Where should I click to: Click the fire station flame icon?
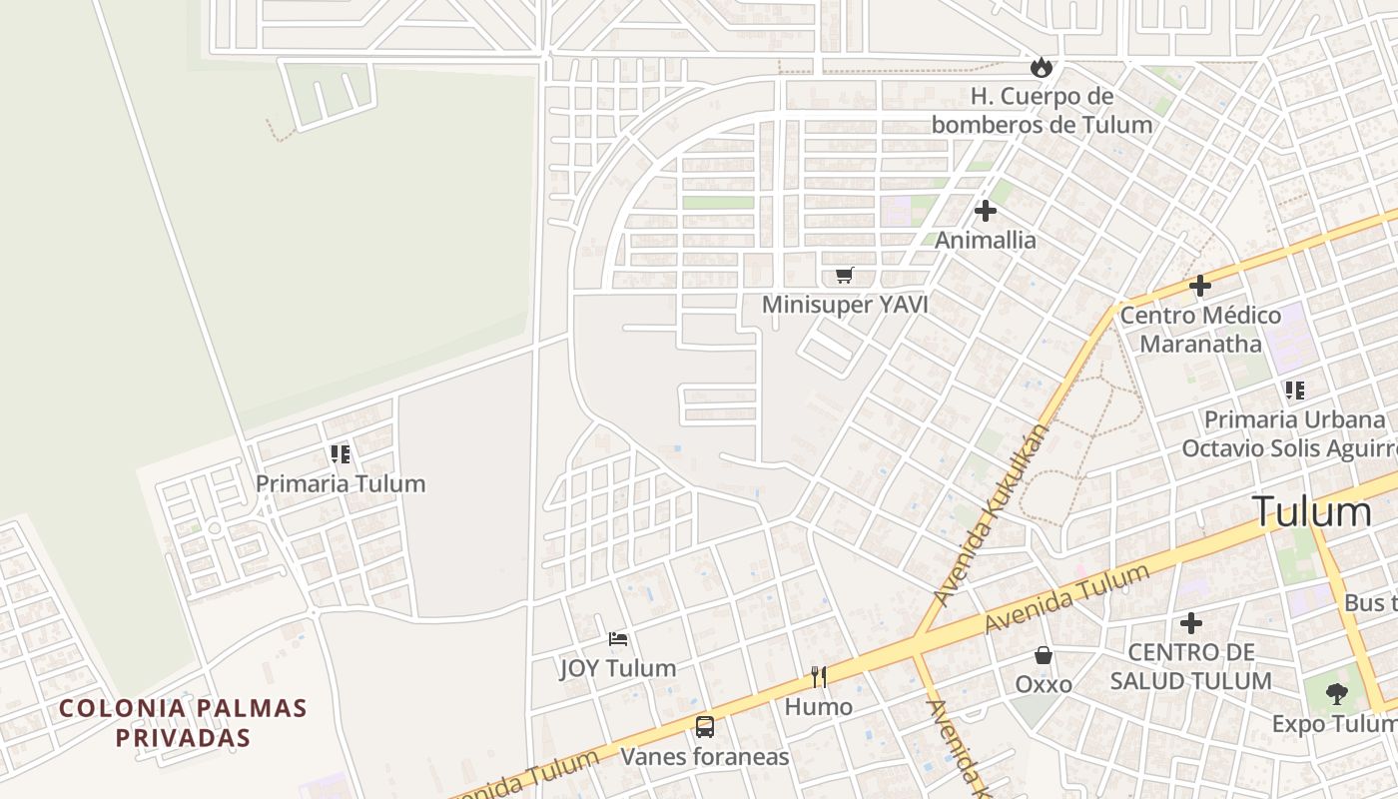point(1042,68)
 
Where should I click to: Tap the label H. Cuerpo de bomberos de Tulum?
point(1042,111)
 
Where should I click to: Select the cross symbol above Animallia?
point(986,211)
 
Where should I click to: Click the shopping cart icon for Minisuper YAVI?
point(845,275)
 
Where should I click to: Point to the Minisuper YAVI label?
point(845,304)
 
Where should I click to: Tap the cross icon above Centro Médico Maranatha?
point(1199,287)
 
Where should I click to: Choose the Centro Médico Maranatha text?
point(1200,330)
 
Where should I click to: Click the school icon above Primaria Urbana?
point(1294,391)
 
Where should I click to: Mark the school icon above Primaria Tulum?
point(341,454)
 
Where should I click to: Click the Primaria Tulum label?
point(341,483)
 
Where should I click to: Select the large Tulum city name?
point(1311,511)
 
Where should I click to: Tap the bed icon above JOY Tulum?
point(618,638)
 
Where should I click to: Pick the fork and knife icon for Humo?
point(819,677)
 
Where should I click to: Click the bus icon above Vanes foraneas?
point(705,727)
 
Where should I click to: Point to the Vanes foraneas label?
point(705,757)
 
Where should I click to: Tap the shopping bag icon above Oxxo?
point(1044,655)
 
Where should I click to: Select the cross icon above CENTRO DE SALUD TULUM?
point(1191,623)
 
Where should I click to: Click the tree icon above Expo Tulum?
point(1336,693)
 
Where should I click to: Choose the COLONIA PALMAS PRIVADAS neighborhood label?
point(183,723)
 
